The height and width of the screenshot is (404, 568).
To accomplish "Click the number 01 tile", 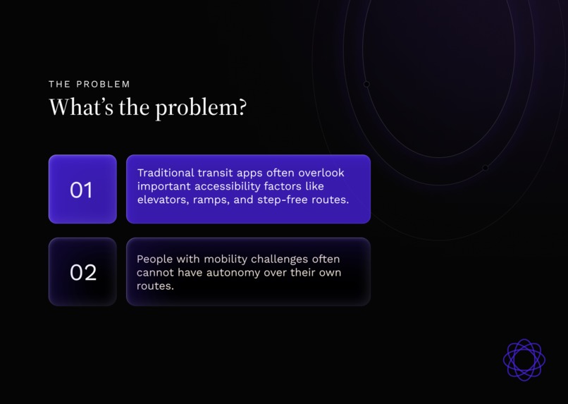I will pyautogui.click(x=82, y=189).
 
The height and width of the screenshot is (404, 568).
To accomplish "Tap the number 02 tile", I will pyautogui.click(x=82, y=272).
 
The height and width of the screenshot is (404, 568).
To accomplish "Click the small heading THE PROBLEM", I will pyautogui.click(x=89, y=84).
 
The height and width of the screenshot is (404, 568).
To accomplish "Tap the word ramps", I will pyautogui.click(x=216, y=200).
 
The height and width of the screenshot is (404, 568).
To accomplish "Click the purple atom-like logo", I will pyautogui.click(x=524, y=360).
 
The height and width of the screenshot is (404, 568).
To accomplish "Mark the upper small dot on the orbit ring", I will pyautogui.click(x=366, y=85).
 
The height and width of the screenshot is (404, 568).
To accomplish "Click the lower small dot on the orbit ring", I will pyautogui.click(x=485, y=168).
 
